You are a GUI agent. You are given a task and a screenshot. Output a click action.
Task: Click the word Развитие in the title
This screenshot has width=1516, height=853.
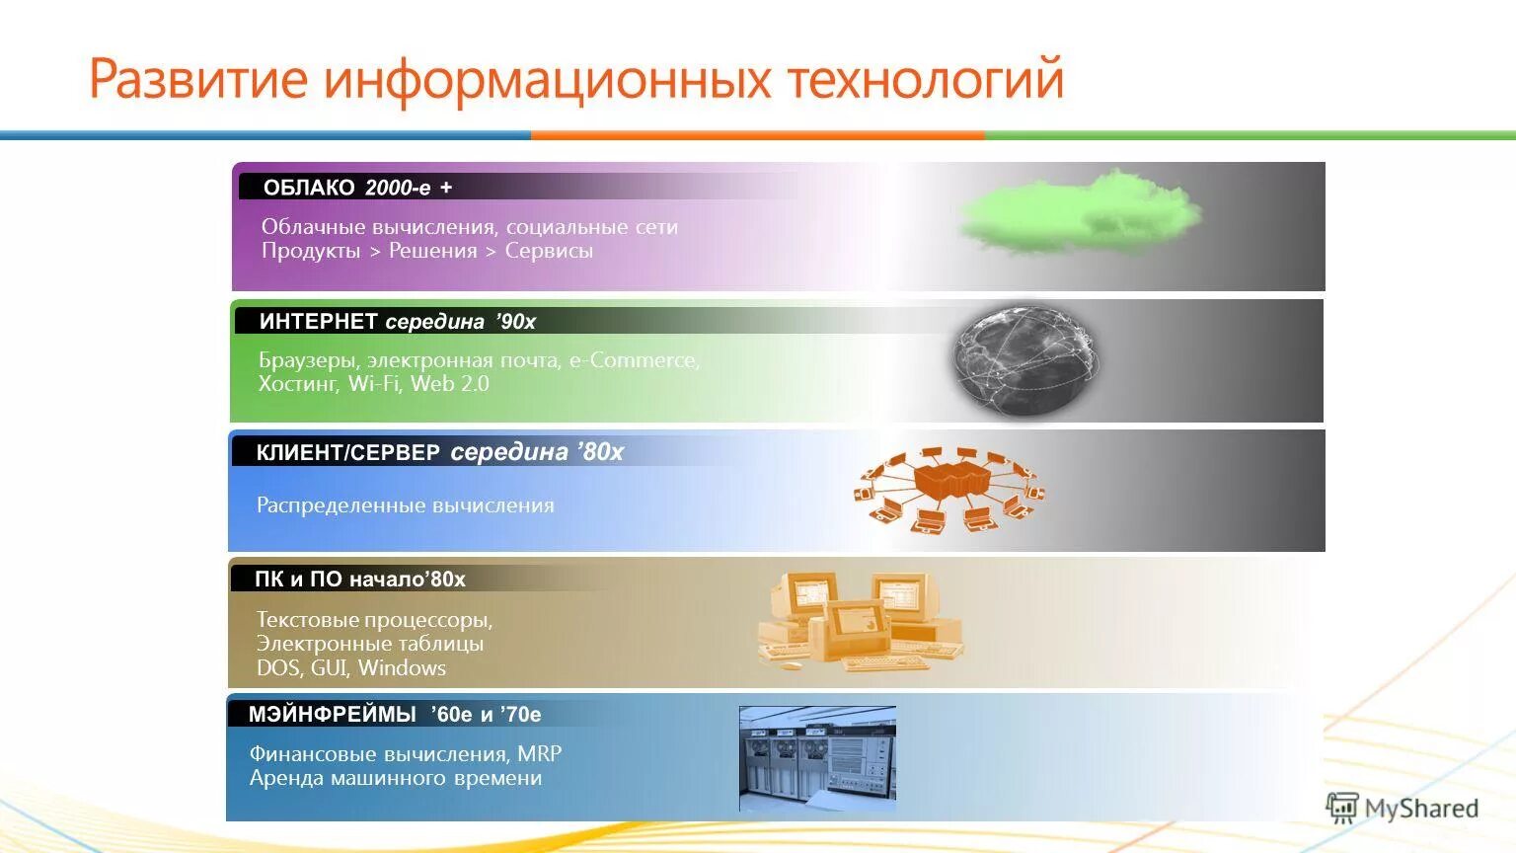198,79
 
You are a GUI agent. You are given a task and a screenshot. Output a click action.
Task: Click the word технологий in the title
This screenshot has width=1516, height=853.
925,79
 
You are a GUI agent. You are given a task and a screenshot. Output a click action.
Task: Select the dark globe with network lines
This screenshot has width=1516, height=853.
1026,361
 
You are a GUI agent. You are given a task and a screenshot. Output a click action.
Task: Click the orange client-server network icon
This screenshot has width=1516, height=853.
948,490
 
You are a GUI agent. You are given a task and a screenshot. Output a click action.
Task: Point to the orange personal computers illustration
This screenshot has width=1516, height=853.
859,622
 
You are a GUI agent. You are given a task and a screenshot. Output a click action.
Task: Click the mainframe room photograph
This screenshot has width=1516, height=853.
817,758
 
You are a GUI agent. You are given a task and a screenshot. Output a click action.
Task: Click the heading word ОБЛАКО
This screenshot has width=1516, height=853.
308,188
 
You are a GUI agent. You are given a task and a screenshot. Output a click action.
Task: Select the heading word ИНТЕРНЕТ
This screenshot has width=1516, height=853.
318,321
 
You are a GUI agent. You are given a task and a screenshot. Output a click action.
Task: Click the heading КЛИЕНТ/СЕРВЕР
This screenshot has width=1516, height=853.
347,453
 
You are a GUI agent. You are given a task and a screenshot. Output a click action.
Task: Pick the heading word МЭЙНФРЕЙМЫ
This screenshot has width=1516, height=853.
332,714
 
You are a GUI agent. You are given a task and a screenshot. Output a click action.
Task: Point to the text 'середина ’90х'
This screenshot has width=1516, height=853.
460,321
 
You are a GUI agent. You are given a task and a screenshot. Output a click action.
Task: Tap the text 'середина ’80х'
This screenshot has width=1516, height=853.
537,452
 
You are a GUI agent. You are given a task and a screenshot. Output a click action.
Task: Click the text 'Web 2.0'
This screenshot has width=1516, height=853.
449,384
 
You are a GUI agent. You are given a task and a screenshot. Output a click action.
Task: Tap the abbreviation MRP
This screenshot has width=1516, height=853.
539,754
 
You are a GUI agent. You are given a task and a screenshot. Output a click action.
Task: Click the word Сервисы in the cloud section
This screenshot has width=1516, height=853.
549,251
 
